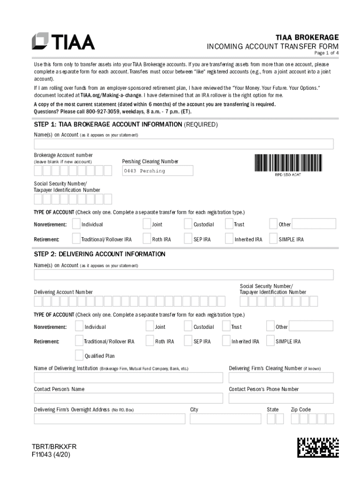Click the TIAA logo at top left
tap(63, 41)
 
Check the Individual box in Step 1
tap(76, 224)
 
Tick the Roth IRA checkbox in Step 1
tap(147, 239)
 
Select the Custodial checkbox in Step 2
tap(188, 326)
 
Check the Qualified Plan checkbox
tap(79, 356)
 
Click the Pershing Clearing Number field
tap(158, 171)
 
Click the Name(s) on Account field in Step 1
tap(183, 144)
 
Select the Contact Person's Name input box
tap(128, 398)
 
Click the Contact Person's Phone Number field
tap(281, 398)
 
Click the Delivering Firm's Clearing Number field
tap(281, 377)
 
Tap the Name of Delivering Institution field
tap(128, 377)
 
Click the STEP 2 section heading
tap(100, 254)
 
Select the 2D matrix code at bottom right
tap(318, 447)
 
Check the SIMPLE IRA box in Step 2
tap(270, 341)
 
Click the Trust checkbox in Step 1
tap(229, 224)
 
